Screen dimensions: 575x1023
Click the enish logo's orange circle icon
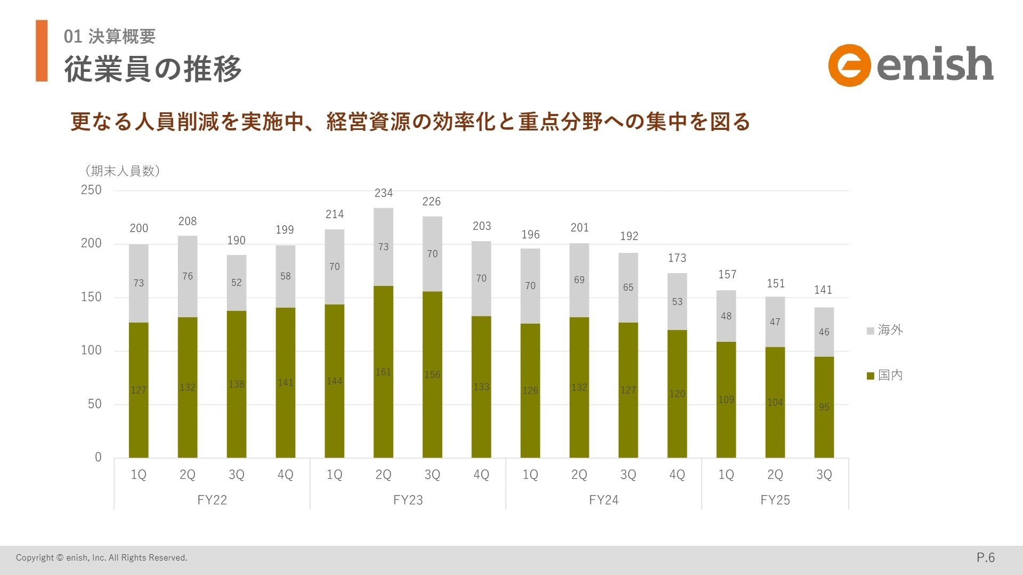click(849, 65)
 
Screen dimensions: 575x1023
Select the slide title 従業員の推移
click(153, 69)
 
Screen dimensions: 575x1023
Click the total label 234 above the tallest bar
click(384, 193)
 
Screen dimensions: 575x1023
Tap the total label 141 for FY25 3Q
click(823, 290)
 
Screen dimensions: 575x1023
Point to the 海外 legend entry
click(884, 330)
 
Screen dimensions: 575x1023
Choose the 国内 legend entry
click(884, 375)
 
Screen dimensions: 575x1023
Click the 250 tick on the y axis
click(91, 190)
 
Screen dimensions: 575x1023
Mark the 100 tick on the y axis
click(91, 350)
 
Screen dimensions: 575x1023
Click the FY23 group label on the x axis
click(408, 500)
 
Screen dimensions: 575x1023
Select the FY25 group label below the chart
click(775, 500)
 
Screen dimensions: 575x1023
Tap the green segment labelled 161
click(384, 372)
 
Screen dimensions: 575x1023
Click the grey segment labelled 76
click(188, 276)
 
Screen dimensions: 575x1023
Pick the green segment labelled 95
click(824, 407)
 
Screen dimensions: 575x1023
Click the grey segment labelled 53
click(677, 302)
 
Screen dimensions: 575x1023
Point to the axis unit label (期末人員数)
click(123, 171)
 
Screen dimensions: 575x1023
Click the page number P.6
click(985, 557)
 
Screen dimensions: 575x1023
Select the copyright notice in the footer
click(102, 558)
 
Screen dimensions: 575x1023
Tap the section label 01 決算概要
click(110, 36)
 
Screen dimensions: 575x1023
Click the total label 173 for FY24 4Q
click(677, 258)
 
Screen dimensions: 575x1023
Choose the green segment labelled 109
click(726, 399)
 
